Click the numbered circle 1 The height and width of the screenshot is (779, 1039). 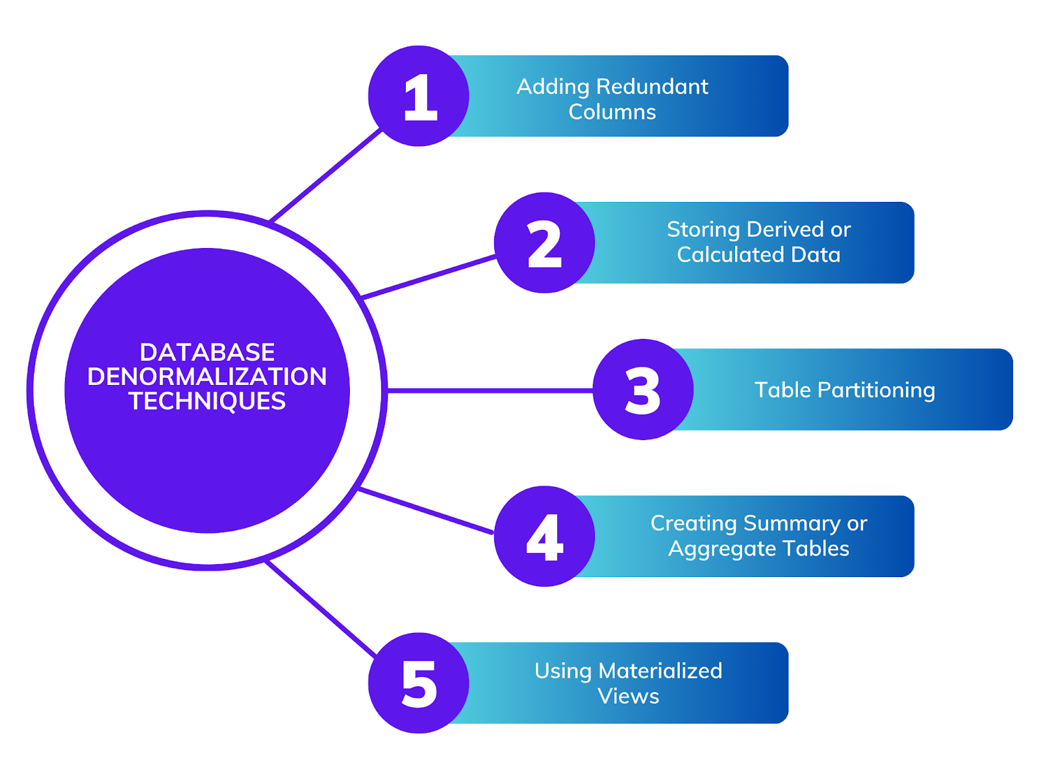click(x=419, y=96)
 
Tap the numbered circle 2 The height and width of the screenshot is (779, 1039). click(x=544, y=243)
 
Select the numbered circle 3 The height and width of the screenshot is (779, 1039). click(x=643, y=389)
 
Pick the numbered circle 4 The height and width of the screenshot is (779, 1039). click(x=544, y=536)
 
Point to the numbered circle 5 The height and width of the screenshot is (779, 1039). click(x=419, y=683)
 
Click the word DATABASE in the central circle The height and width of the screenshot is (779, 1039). click(x=207, y=352)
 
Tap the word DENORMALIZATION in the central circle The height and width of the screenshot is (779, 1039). click(x=207, y=377)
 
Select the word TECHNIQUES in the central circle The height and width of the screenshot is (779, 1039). click(x=207, y=401)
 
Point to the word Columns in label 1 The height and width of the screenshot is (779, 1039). click(x=612, y=112)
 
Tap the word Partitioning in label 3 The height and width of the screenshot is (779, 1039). click(x=876, y=390)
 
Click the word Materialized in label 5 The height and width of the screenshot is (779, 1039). click(x=660, y=671)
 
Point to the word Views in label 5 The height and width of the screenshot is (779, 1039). click(x=628, y=696)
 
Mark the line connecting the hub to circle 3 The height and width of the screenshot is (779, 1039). click(x=490, y=390)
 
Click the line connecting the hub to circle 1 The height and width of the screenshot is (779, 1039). click(x=325, y=175)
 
